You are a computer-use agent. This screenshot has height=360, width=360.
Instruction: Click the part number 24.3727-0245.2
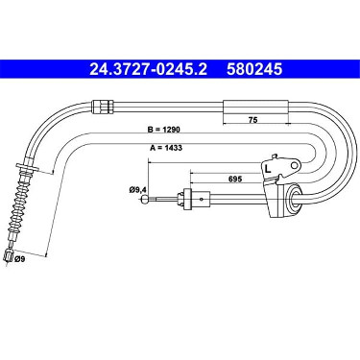click(148, 69)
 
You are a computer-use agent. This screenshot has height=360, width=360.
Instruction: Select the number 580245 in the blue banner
click(254, 69)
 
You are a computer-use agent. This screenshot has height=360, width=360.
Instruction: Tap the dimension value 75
click(252, 119)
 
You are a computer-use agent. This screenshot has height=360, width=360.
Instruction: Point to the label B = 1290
click(164, 130)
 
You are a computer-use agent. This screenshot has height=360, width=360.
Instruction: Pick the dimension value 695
click(235, 179)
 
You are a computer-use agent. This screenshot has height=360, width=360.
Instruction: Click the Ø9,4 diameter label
click(138, 190)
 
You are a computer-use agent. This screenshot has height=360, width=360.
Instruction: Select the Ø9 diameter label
click(20, 259)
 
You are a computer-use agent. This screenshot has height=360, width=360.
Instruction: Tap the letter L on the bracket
click(268, 168)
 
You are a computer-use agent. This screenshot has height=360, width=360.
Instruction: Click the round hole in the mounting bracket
click(296, 165)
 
